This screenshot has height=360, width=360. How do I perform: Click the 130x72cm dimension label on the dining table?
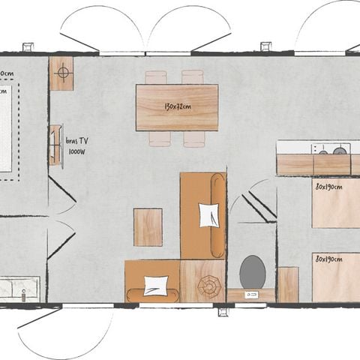(176, 106)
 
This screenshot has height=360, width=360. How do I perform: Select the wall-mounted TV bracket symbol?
(55, 145)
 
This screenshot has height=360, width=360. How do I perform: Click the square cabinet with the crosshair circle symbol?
(61, 73)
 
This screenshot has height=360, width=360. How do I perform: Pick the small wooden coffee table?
(148, 227)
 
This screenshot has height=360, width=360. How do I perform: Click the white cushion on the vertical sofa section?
(209, 215)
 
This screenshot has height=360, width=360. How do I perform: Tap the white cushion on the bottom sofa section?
(156, 286)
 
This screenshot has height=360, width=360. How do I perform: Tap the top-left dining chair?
(156, 76)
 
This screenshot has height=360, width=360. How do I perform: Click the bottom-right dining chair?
(194, 139)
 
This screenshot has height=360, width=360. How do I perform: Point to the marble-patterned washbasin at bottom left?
(19, 287)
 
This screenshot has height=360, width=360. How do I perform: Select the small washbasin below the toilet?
(251, 295)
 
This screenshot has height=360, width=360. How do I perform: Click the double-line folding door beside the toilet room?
(258, 205)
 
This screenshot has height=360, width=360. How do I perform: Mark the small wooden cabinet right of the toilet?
(288, 284)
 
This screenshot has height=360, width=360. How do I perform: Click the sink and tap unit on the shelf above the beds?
(330, 148)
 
